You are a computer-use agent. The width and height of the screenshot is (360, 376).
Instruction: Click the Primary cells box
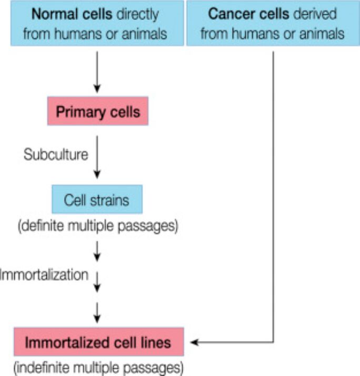[97, 112]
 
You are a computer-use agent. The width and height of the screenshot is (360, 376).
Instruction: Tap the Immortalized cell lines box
[99, 343]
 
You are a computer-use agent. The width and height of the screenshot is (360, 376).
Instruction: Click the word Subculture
[55, 155]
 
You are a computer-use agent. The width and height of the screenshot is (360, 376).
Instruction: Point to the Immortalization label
[44, 274]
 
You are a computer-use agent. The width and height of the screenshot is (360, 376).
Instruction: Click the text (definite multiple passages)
[98, 226]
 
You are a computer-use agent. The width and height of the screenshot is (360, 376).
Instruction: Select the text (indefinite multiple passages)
[98, 366]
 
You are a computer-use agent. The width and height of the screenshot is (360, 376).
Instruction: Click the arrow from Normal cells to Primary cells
[96, 71]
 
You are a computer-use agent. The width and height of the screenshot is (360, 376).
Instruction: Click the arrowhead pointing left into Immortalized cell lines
[195, 343]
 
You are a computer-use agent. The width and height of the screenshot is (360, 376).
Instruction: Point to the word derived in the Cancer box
[315, 14]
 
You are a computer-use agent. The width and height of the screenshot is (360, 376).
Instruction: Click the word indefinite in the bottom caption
[44, 366]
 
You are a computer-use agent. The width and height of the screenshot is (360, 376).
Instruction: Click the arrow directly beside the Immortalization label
[96, 280]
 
